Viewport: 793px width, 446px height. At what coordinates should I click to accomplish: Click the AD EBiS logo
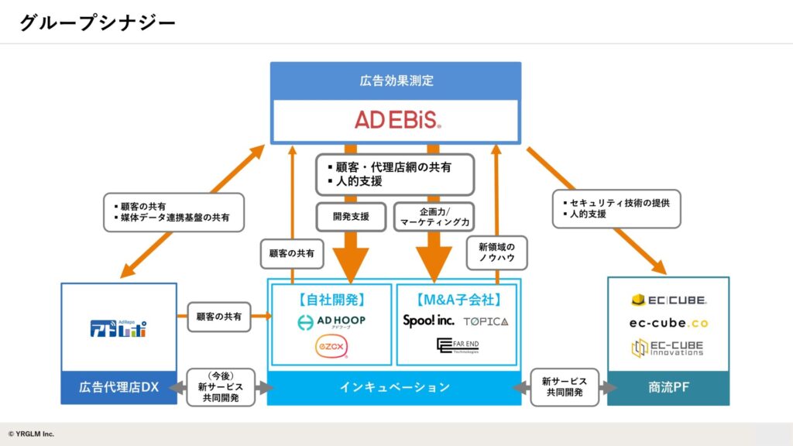point(397,119)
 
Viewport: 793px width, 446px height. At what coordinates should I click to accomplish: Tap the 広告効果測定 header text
point(396,81)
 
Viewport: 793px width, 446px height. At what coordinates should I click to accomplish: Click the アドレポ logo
point(118,328)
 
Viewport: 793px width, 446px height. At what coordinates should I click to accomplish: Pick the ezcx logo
point(331,346)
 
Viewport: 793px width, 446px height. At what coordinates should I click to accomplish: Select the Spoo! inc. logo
point(427,321)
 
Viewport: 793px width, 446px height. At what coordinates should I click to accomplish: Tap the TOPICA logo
point(486,321)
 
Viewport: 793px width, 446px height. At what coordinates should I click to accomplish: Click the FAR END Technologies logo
point(458,345)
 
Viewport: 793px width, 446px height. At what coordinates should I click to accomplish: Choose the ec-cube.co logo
point(668,323)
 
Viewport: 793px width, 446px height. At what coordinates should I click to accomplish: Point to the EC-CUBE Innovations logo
point(668,348)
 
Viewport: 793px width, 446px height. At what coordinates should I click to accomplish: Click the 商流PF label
point(668,387)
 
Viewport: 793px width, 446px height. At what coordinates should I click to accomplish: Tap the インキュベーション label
point(394,387)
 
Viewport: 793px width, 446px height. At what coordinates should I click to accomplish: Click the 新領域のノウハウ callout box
point(496,252)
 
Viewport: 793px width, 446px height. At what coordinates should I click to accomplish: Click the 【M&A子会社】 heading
point(458,299)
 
